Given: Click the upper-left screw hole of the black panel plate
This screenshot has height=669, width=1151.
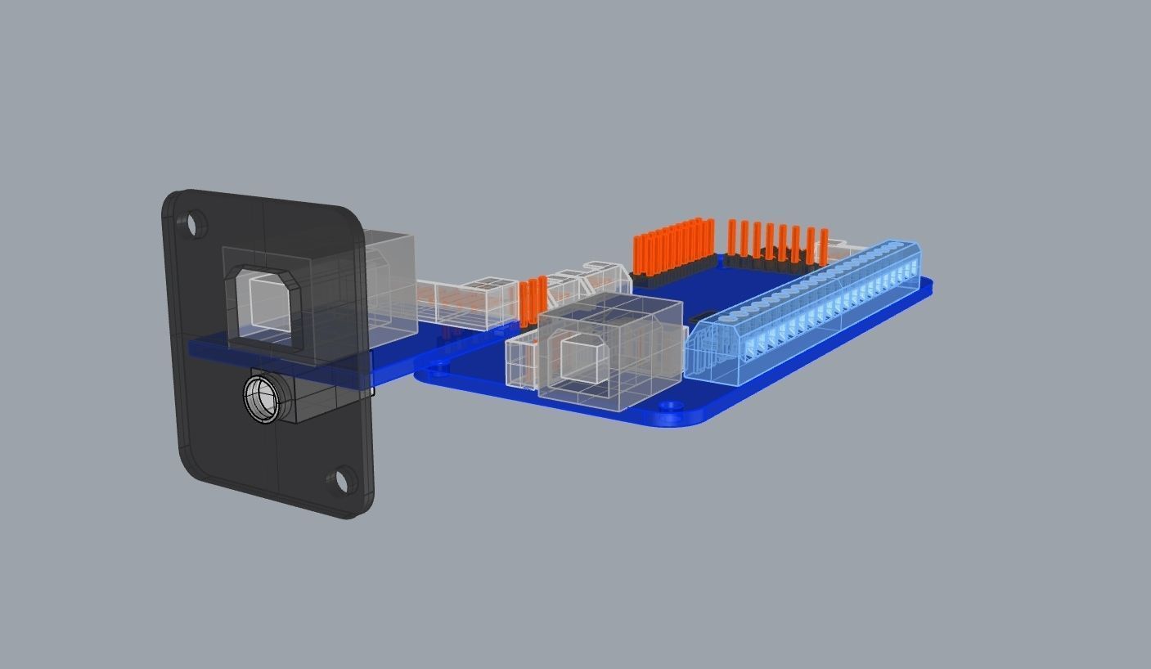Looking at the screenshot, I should (x=196, y=223).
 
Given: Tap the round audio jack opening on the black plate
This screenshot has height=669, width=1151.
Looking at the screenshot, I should (x=263, y=398).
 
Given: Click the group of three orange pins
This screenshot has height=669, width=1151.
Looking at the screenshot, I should (x=533, y=301).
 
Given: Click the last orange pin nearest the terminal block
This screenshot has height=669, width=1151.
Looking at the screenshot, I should (x=824, y=245).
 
